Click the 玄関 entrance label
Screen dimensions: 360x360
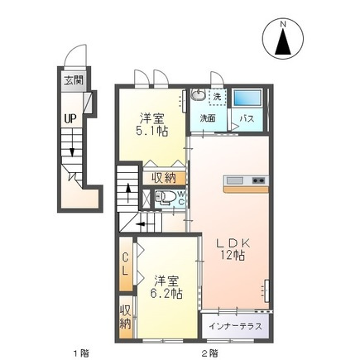[x=74, y=80]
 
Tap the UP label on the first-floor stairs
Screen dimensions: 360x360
[x=70, y=119]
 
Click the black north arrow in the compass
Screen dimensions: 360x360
[x=283, y=41]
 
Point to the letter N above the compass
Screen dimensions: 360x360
[x=283, y=24]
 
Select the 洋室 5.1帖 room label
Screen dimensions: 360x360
[x=151, y=125]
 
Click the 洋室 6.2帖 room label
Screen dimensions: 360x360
[x=166, y=287]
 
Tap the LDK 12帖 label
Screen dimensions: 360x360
[x=233, y=250]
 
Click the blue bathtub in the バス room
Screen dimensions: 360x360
[x=247, y=98]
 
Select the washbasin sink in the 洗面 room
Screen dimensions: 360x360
[x=198, y=95]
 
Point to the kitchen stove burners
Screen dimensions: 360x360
[x=259, y=180]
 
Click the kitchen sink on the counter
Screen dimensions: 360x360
[x=235, y=180]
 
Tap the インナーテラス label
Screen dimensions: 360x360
[x=235, y=326]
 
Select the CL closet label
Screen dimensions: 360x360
[x=125, y=265]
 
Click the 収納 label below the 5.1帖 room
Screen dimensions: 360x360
[x=163, y=178]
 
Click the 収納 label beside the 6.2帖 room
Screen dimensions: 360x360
[x=125, y=317]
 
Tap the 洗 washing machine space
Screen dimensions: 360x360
[x=218, y=97]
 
